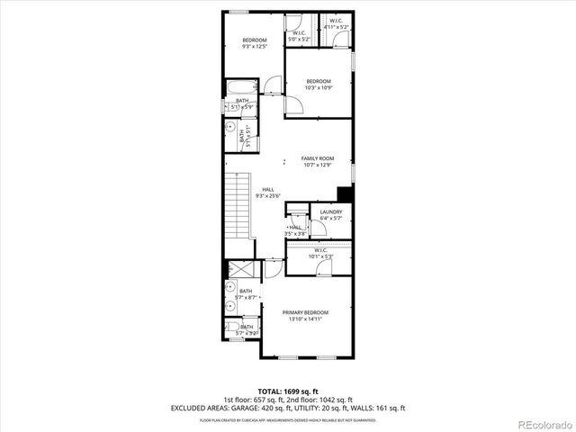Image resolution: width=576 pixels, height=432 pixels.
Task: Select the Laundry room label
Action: [331, 212]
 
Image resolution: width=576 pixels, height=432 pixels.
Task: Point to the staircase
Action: [238, 204]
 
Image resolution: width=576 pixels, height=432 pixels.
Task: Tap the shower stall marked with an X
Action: [238, 271]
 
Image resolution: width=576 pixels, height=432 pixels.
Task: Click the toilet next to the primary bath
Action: [232, 328]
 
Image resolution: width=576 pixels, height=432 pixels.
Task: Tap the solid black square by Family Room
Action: [344, 193]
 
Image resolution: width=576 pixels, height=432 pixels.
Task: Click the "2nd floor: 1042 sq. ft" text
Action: [319, 399]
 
